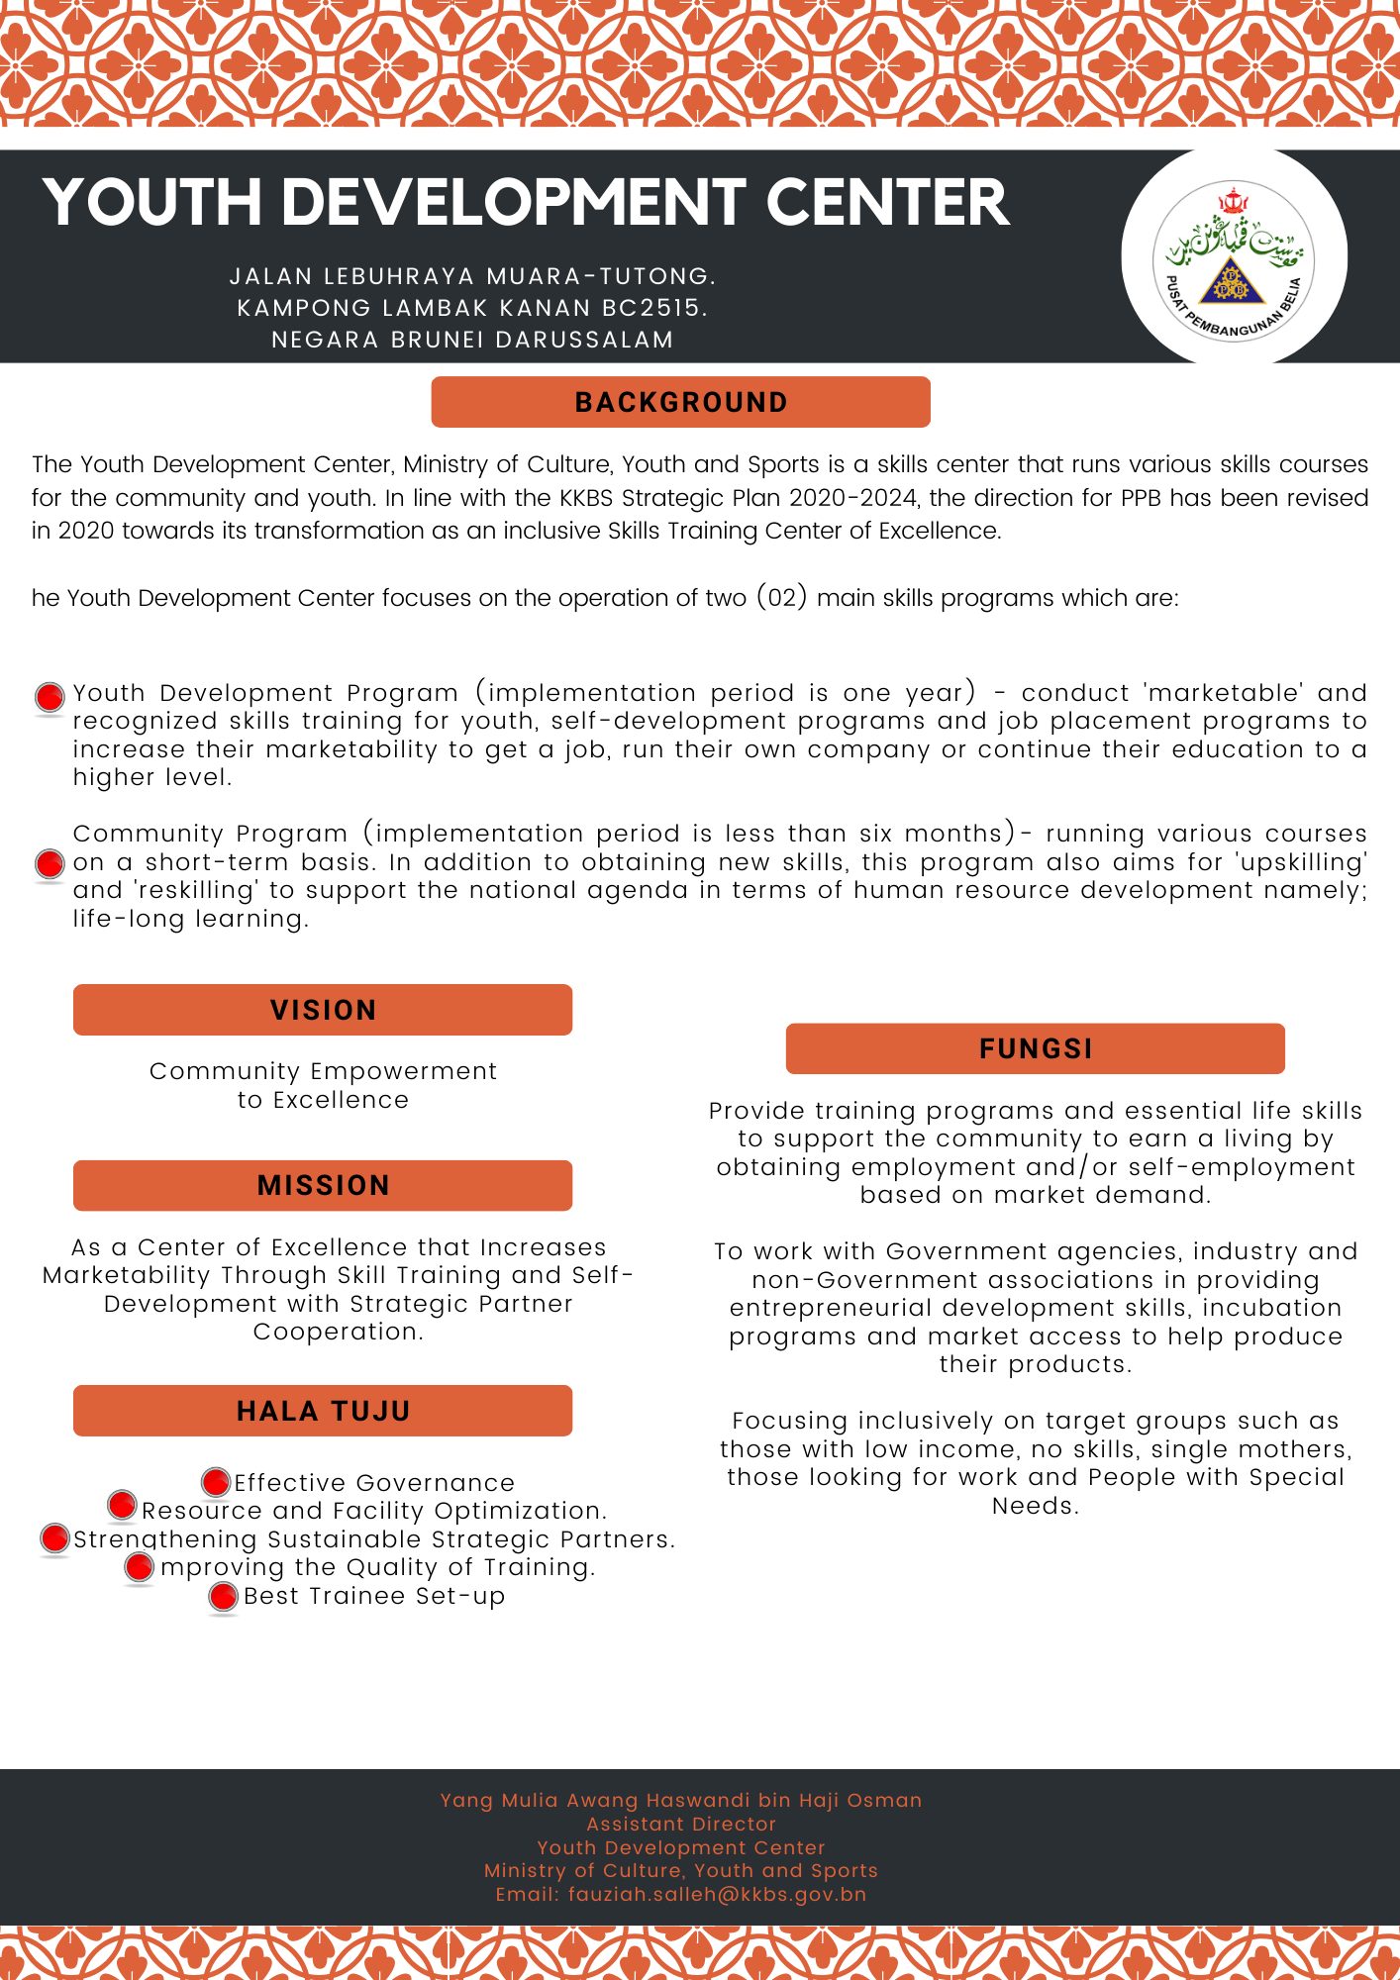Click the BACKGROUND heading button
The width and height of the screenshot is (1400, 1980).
click(x=680, y=402)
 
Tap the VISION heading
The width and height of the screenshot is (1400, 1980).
click(x=323, y=1010)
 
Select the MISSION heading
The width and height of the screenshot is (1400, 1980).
click(x=323, y=1185)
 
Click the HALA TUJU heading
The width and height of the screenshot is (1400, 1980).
click(x=323, y=1411)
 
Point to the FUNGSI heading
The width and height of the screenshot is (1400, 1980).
click(x=1036, y=1048)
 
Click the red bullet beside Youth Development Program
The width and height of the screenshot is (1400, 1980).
click(x=50, y=697)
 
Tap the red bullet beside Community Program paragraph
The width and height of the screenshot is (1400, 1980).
click(x=50, y=863)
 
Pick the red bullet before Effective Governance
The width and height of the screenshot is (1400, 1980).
click(x=216, y=1482)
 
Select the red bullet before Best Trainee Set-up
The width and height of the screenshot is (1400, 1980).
click(x=224, y=1596)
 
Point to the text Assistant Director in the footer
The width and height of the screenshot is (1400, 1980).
click(x=681, y=1824)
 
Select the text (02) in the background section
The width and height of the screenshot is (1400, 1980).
click(x=782, y=598)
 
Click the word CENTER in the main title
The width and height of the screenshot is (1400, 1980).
click(x=887, y=203)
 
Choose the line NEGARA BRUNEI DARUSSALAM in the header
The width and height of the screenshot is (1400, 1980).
click(x=472, y=340)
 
